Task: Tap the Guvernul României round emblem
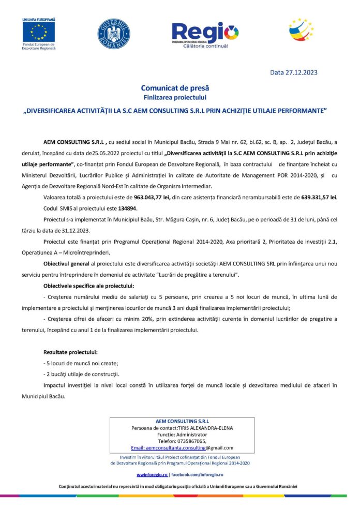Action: pos(114,34)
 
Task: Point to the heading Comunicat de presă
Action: pos(175,88)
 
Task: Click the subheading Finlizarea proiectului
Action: pos(175,97)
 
